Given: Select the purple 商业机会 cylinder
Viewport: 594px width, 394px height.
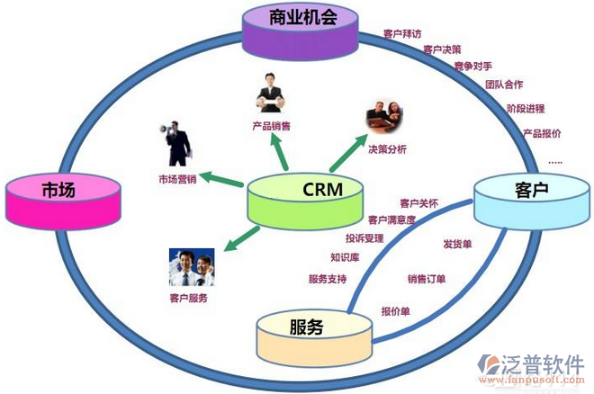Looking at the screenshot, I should [x=302, y=28].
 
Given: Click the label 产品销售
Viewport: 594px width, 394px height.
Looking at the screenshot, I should [x=271, y=127].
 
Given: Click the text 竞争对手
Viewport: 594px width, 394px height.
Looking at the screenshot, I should [x=472, y=66].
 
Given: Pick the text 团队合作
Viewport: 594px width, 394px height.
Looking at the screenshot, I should [x=504, y=85].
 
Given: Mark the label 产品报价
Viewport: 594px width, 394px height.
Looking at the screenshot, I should [x=542, y=133].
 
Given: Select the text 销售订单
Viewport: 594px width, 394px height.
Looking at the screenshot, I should [x=427, y=279].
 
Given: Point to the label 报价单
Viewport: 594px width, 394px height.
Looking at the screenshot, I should [x=397, y=311].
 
